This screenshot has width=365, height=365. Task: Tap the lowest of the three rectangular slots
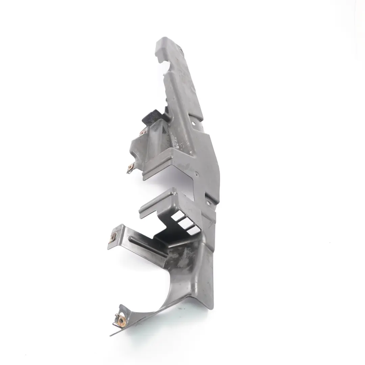(x=192, y=230)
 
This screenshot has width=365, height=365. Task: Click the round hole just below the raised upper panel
(x=193, y=124)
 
